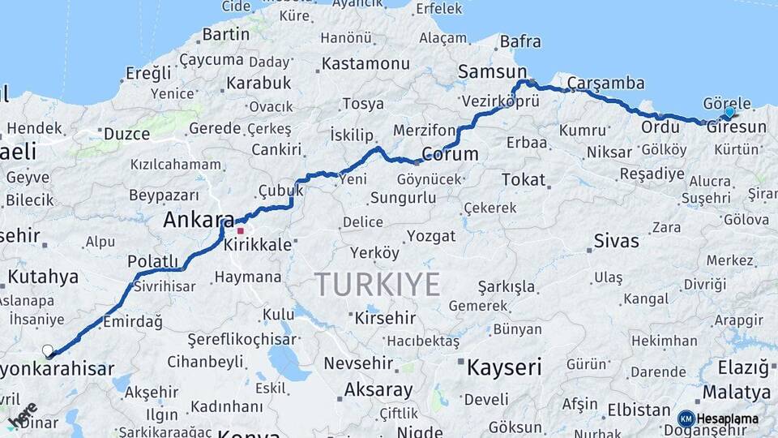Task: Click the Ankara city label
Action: pos(198,220)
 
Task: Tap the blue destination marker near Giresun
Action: pos(729,112)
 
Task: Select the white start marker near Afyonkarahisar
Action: pos(47,350)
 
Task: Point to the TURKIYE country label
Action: pos(377,285)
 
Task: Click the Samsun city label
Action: pos(492,72)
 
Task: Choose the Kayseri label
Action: pos(503,367)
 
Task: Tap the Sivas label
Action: pos(616,241)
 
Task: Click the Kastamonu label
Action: pos(365,63)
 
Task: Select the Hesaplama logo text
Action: pos(727,419)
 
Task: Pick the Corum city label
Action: pos(450,154)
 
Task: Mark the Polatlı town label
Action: pos(152,261)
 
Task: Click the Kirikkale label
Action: pos(258,244)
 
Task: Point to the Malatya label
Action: pos(736,393)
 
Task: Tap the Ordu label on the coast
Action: pos(660,127)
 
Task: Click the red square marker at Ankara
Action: pos(240,230)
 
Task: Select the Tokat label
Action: pos(524,179)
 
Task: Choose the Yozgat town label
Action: pos(431,236)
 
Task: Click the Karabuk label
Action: pos(259,83)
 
